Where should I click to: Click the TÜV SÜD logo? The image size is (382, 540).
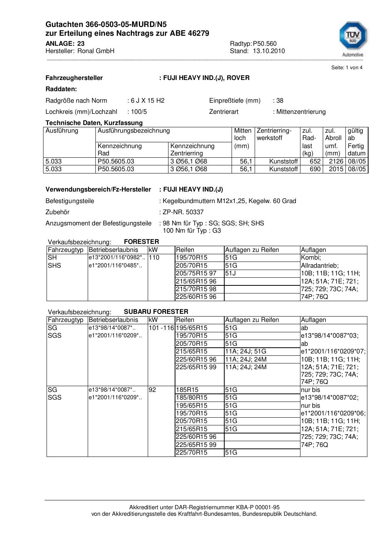tap(353, 38)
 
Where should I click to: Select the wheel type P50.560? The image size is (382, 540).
tap(265, 43)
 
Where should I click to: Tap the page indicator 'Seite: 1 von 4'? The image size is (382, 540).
tap(347, 68)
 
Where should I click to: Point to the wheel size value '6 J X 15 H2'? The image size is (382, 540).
tap(147, 100)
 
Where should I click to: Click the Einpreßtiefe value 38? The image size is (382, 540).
tap(280, 100)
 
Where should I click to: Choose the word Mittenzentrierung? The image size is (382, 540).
tap(301, 112)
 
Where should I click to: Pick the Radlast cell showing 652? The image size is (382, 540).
tap(315, 161)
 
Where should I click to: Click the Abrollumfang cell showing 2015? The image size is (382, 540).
tap(336, 169)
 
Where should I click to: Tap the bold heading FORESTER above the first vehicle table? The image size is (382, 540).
tap(141, 242)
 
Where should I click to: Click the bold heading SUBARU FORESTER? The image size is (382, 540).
tap(156, 312)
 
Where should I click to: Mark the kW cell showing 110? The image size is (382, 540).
tap(154, 257)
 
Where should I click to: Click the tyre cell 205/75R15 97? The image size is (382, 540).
tap(196, 273)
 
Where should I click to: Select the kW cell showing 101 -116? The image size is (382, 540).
tap(161, 328)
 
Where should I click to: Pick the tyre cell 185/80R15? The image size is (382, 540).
tap(191, 397)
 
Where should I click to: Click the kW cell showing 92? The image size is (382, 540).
tap(152, 390)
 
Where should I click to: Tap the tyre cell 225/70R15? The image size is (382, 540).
tap(191, 452)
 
